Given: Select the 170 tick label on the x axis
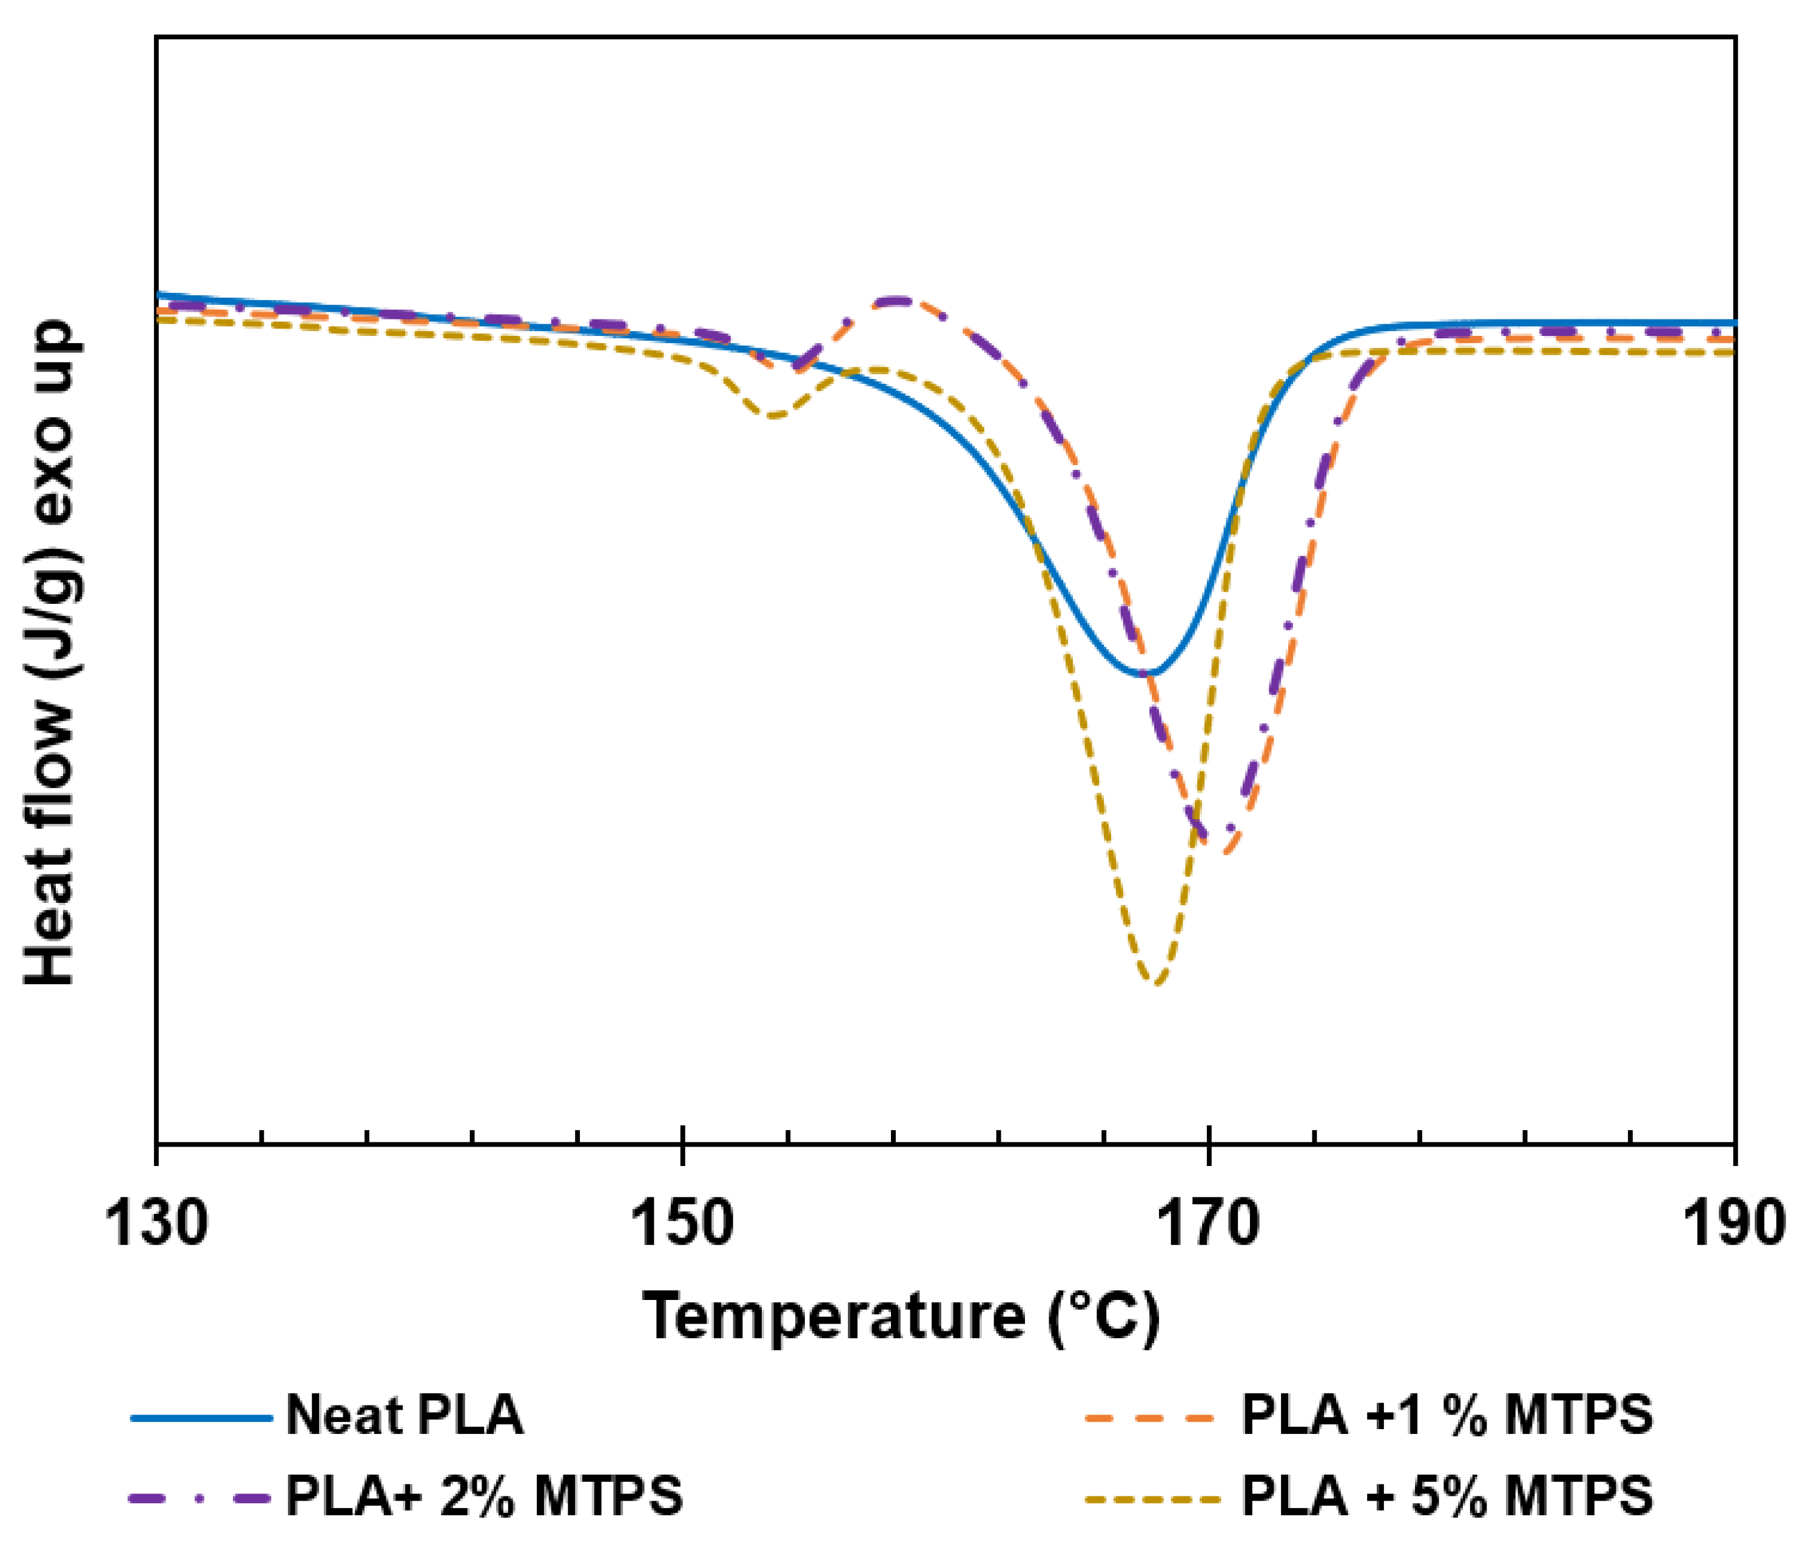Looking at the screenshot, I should click(x=1208, y=1224).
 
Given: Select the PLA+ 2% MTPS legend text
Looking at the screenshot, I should click(x=484, y=1496).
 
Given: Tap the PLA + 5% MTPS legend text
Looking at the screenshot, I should click(x=1447, y=1496).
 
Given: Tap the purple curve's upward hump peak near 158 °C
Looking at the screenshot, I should click(x=898, y=301).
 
